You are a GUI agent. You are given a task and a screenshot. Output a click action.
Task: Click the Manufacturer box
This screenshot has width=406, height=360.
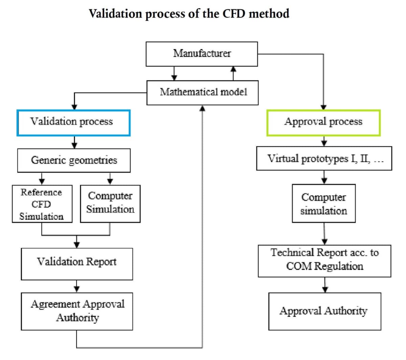click(202, 54)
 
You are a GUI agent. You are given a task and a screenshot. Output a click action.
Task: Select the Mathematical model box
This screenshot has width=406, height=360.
click(202, 93)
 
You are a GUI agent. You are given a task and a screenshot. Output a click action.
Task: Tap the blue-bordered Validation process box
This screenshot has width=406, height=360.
click(73, 123)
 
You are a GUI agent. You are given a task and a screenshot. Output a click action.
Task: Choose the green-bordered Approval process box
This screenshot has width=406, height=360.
click(323, 123)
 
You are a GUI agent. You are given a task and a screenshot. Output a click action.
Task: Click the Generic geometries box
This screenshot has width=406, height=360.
click(74, 160)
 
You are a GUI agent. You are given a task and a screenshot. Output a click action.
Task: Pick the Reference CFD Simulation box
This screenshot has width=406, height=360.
click(42, 204)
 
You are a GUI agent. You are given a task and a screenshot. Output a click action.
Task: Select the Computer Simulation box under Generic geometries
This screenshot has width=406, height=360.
click(110, 204)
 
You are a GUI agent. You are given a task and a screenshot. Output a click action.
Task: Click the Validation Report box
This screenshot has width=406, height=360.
click(77, 264)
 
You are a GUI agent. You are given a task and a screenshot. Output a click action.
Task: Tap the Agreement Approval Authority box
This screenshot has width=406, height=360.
click(77, 311)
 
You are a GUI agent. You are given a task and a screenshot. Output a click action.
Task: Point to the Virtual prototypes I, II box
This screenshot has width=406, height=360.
click(324, 158)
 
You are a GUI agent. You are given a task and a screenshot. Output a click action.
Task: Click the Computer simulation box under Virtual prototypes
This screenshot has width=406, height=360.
click(324, 203)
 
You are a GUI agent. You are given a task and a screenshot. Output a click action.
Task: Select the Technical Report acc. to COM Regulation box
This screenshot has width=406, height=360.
click(324, 261)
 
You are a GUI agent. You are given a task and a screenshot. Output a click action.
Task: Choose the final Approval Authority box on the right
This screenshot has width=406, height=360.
click(325, 311)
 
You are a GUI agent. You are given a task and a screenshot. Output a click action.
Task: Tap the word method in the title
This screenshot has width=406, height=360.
click(269, 14)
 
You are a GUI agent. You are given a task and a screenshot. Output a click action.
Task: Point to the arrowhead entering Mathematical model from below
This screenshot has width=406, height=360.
click(202, 108)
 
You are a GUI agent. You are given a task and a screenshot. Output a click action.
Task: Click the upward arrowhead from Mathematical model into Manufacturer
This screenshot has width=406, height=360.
click(233, 69)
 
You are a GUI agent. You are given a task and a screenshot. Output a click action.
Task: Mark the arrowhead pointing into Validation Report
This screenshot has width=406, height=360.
click(77, 245)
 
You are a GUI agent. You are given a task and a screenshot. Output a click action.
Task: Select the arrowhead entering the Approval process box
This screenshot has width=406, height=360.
click(323, 107)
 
